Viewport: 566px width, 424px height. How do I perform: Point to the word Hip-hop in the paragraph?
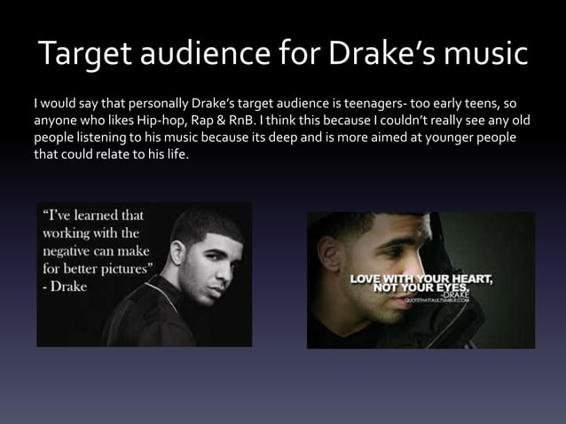(163, 120)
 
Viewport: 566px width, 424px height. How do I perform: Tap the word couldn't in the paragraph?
(393, 120)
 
